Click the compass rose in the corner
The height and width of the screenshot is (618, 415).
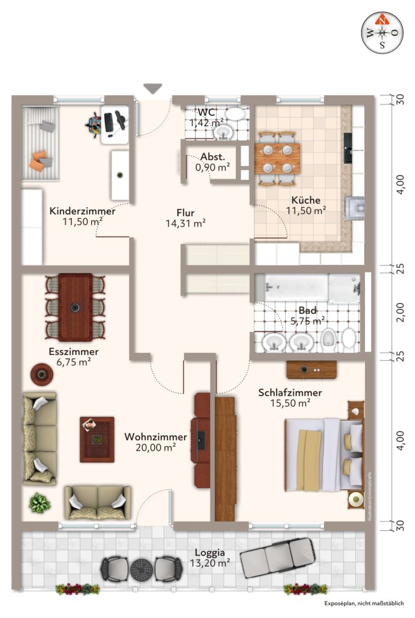[383, 32]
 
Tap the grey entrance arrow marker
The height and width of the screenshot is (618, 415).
[153, 88]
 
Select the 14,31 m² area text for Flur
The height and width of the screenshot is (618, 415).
[186, 224]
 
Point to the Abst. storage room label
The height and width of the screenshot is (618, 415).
[213, 156]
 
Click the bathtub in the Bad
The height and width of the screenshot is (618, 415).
[291, 287]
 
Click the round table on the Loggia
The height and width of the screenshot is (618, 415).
[140, 567]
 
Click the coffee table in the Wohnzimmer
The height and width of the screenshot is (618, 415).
[97, 439]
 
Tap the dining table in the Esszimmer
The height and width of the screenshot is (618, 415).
[75, 307]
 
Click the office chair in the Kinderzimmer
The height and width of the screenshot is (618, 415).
[94, 125]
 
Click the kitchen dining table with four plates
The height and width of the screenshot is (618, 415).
[277, 158]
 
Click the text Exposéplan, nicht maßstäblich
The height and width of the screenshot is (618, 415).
[364, 603]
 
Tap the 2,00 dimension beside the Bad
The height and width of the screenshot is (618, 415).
[400, 313]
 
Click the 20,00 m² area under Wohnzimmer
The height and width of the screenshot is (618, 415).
[156, 447]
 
